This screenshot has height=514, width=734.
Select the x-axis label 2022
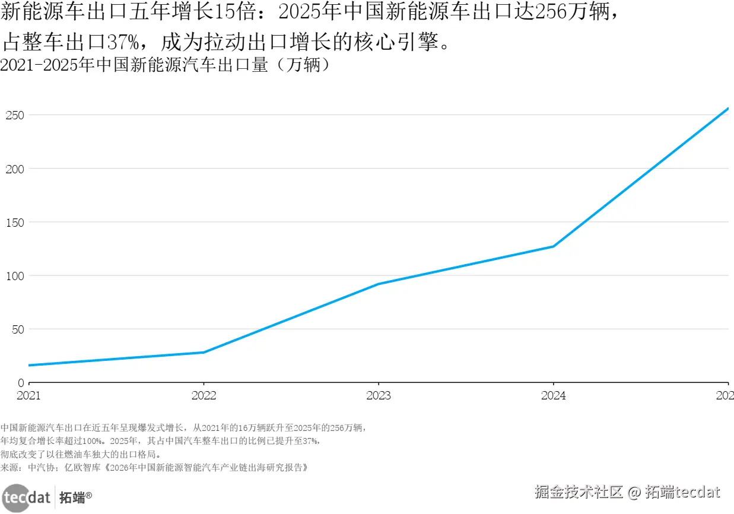point(204,395)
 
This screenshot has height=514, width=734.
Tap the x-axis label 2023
point(379,395)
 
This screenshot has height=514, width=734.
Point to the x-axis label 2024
point(553,395)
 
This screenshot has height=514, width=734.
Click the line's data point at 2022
point(204,353)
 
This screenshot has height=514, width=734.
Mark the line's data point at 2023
point(379,284)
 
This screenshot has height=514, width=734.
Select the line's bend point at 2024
point(553,246)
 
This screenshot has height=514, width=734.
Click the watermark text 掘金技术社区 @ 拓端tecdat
point(627,492)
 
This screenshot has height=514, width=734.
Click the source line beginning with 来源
point(154,468)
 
